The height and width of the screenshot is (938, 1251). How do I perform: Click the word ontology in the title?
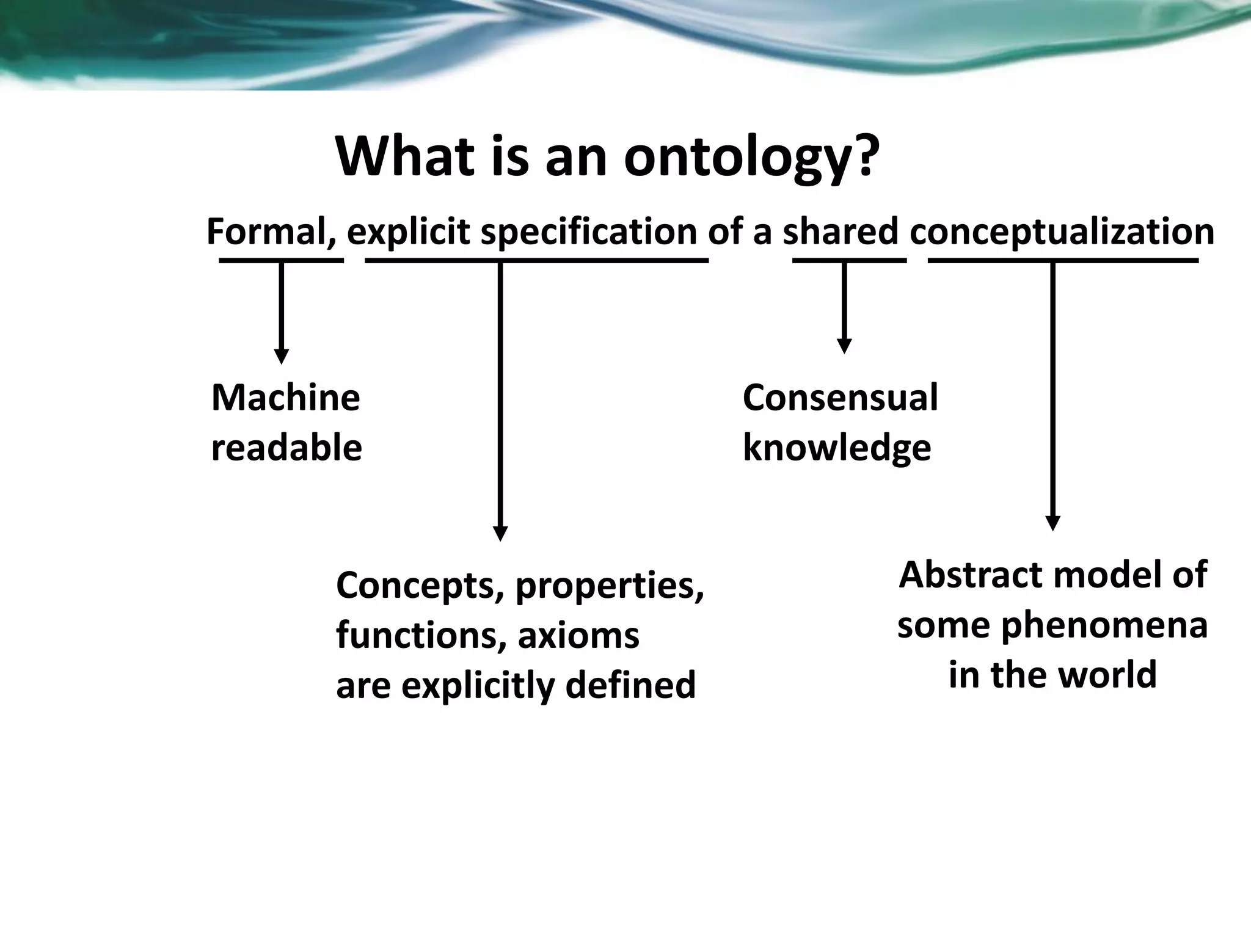click(750, 158)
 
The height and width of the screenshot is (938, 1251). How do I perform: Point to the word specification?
click(589, 233)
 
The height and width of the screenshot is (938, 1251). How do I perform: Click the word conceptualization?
click(1062, 233)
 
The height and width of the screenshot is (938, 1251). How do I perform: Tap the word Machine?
click(285, 398)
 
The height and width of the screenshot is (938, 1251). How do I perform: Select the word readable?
click(286, 448)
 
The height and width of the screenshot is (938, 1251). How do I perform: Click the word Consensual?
click(840, 398)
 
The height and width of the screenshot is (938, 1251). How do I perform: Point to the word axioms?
click(578, 635)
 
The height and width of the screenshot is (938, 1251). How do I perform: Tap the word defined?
click(630, 685)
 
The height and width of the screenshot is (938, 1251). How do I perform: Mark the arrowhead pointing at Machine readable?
click(281, 357)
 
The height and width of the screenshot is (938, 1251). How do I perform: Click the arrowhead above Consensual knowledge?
click(844, 346)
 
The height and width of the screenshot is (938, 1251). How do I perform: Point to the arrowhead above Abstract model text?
click(1052, 523)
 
